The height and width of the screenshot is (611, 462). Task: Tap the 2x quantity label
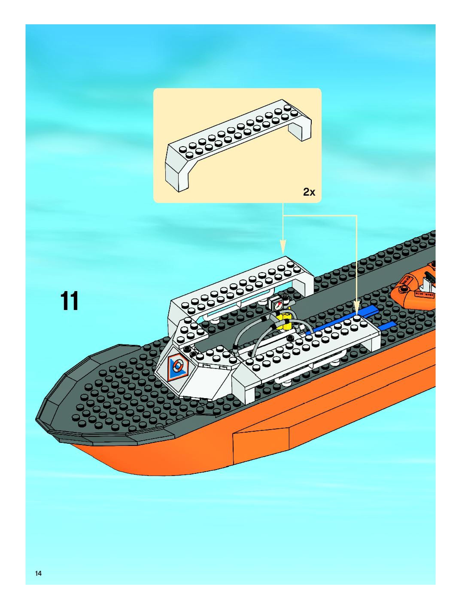[309, 192]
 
